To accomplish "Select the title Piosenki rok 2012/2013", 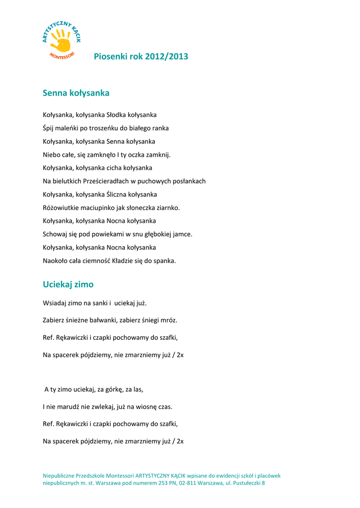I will (x=141, y=57).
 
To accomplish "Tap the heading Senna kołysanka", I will (x=76, y=93).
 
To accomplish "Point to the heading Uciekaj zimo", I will (x=68, y=284).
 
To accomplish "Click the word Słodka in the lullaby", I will (x=117, y=115).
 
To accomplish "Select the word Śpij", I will (x=49, y=128).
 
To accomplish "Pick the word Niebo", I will (x=52, y=155).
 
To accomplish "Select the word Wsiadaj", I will (x=54, y=303).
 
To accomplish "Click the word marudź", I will (x=71, y=407).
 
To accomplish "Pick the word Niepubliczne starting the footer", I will (x=60, y=475).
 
